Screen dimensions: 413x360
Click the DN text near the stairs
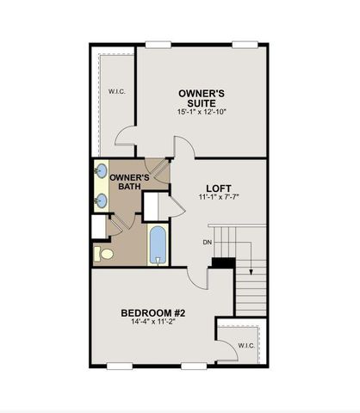[x=208, y=242]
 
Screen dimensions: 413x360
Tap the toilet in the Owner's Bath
[x=104, y=255]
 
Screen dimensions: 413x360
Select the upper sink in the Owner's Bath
[x=102, y=170]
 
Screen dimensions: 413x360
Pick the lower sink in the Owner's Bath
[x=102, y=200]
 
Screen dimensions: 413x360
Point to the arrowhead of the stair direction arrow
[x=249, y=272]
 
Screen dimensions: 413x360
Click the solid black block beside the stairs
[x=223, y=263]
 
